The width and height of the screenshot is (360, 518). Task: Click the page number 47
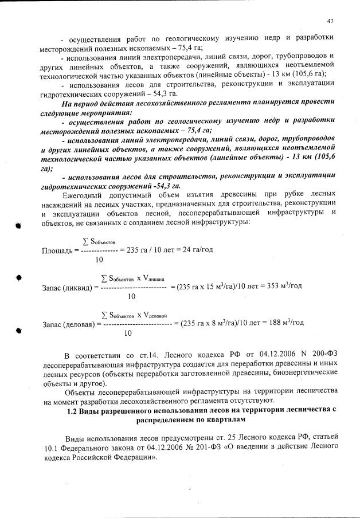(x=330, y=21)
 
